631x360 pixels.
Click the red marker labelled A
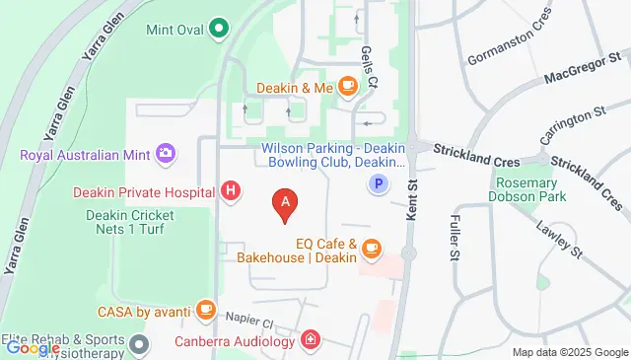pos(285,203)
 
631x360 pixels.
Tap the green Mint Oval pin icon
pos(220,30)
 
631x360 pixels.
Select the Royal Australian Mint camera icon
pos(166,153)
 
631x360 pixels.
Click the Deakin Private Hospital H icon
pos(231,190)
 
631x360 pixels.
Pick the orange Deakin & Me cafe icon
pos(347,87)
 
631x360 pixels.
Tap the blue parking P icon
pos(376,182)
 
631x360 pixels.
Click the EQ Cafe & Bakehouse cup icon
pos(371,250)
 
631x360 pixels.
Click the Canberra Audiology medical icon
pos(312,341)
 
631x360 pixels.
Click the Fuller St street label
pos(455,241)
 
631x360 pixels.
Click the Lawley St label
pos(562,236)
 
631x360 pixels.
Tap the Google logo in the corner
pos(32,347)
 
